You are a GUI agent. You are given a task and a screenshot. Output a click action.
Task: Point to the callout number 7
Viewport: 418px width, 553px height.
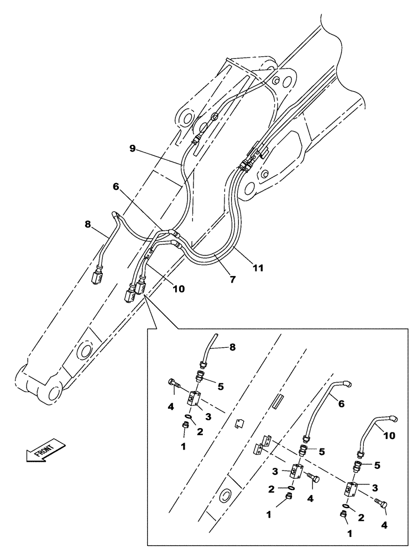coord(233,280)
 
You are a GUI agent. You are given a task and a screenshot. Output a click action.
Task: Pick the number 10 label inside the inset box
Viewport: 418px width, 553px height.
coord(389,436)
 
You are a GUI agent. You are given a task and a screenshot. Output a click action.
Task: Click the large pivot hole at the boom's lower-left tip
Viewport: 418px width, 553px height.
coord(51,392)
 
